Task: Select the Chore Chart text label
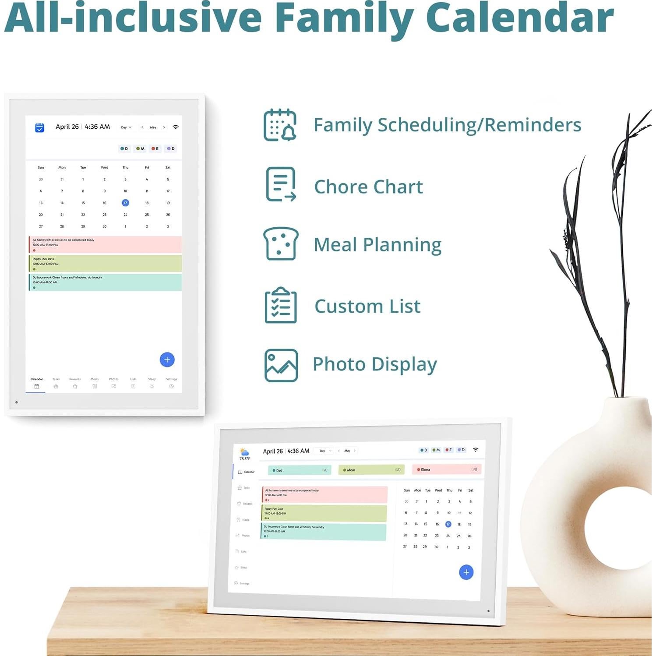[368, 187]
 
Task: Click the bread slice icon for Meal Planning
[281, 243]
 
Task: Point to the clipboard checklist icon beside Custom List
[281, 305]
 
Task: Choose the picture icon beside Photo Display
[281, 365]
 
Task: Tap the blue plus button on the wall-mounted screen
[167, 360]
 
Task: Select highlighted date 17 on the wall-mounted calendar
[125, 203]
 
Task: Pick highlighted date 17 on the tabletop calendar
[448, 524]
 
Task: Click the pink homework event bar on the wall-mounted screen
[105, 244]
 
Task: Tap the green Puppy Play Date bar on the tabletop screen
[324, 513]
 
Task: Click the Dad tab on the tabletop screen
[300, 470]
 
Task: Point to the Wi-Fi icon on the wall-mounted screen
[176, 127]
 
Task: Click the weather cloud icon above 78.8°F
[244, 452]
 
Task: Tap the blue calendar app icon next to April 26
[39, 127]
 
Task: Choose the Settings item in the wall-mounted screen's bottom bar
[171, 383]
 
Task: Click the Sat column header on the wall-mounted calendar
[168, 167]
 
